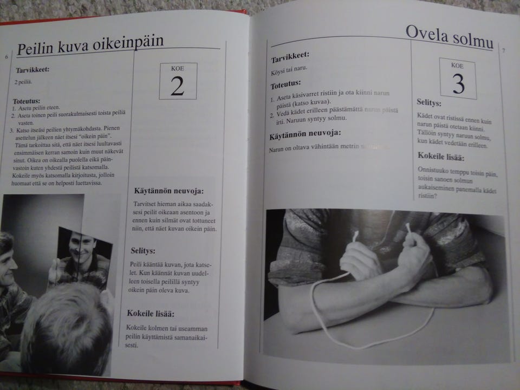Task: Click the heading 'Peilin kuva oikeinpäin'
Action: click(x=90, y=47)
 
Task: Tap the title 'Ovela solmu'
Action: click(x=449, y=36)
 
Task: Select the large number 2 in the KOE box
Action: click(x=177, y=86)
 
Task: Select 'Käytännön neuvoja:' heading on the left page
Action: click(x=168, y=191)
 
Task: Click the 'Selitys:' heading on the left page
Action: click(x=143, y=251)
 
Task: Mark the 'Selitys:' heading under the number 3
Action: click(x=429, y=102)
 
